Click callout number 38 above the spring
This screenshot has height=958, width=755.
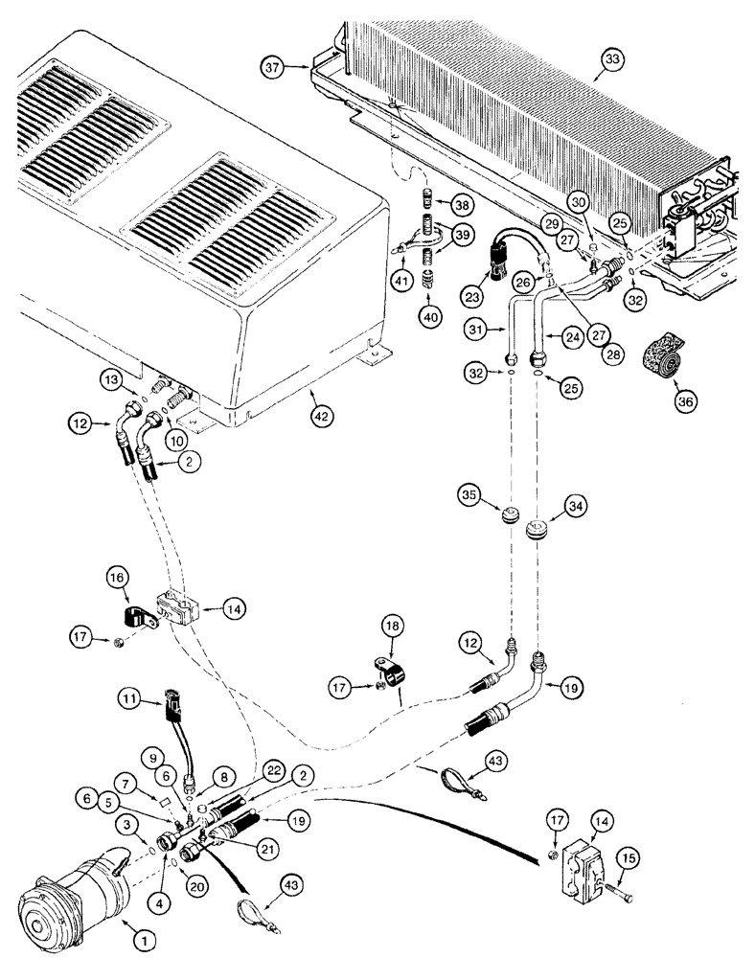[x=462, y=205]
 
